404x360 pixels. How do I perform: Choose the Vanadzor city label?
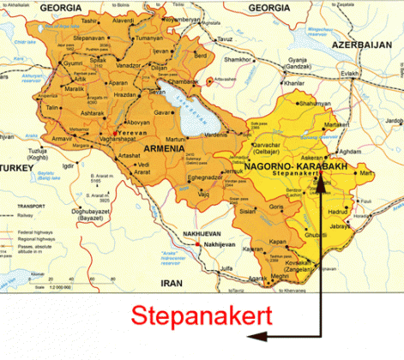click(x=130, y=65)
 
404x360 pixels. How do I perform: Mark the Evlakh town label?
click(x=351, y=73)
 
